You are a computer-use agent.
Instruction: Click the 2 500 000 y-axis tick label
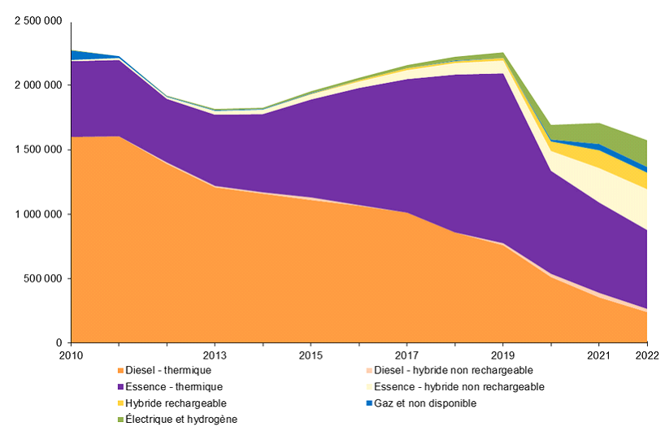39,21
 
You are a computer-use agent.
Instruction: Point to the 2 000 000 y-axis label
39,85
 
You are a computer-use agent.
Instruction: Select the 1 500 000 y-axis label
39,150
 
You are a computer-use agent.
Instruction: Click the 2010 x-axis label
72,355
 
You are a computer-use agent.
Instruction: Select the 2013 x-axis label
215,355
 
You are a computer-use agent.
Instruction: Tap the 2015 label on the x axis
311,355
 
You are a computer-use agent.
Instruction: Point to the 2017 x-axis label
406,355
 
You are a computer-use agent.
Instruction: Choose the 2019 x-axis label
502,355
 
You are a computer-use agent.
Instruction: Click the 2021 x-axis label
598,355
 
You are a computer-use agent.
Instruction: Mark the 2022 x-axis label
646,355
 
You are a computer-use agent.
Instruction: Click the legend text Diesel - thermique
167,371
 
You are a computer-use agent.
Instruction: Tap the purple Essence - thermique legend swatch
120,387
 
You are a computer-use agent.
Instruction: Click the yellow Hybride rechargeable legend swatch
120,403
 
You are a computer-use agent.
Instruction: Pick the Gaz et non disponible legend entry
429,403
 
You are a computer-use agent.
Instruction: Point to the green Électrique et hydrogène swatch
120,420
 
